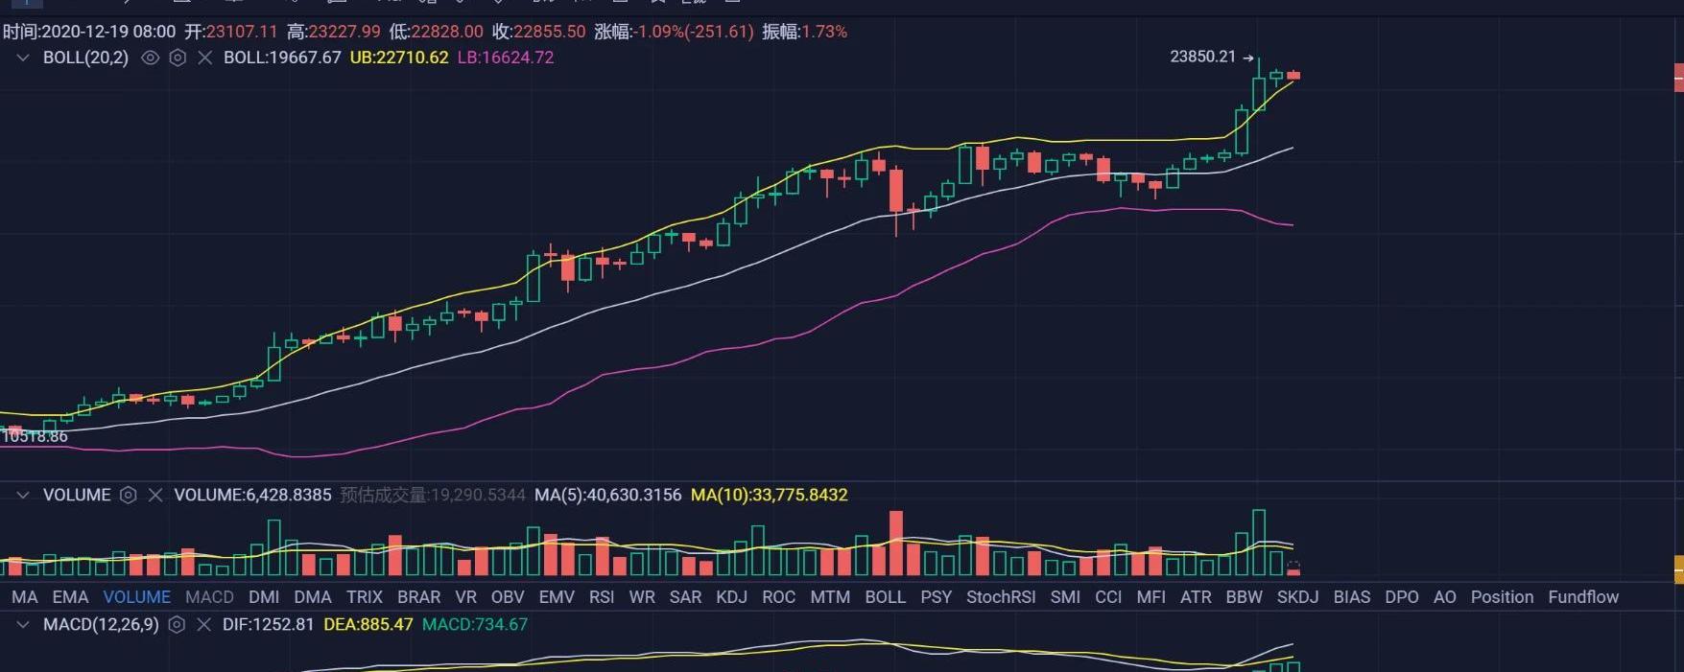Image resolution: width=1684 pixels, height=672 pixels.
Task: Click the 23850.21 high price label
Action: tap(1202, 57)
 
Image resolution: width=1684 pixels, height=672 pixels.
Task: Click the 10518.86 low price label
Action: tap(35, 436)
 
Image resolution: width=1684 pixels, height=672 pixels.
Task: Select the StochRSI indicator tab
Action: tap(1001, 596)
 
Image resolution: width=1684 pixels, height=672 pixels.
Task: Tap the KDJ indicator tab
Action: tap(731, 596)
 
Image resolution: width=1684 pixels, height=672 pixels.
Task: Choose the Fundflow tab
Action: tap(1582, 596)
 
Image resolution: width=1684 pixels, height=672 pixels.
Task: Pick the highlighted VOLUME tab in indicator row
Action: tap(136, 596)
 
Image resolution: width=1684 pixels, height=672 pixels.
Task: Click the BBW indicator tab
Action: tap(1244, 596)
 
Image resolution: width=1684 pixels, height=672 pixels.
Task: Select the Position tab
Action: tap(1502, 596)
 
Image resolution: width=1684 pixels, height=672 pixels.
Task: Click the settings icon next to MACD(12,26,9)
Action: tap(177, 624)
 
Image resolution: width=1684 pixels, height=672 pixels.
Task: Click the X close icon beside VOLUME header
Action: tap(155, 495)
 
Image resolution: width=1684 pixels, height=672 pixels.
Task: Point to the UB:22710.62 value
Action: tap(399, 58)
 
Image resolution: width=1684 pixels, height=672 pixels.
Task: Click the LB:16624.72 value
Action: tap(506, 58)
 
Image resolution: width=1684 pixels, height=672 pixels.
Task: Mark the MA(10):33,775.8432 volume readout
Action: tap(769, 495)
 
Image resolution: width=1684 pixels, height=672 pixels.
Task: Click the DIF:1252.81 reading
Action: tap(268, 624)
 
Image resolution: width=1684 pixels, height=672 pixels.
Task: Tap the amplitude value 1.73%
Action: tap(824, 32)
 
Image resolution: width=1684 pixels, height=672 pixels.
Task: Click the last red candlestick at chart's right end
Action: tap(1293, 75)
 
